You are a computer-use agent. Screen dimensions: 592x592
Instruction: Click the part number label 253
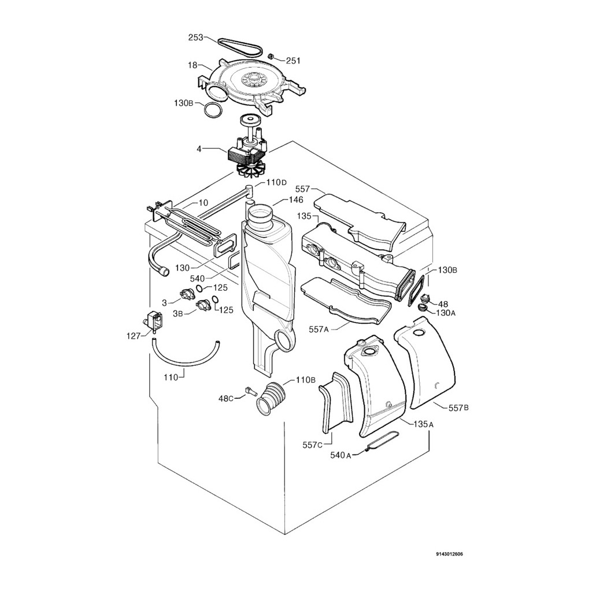[195, 38]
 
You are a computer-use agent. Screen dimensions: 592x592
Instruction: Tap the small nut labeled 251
[270, 57]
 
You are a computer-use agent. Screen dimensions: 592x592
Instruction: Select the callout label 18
[193, 65]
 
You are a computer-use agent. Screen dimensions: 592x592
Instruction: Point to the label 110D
[276, 183]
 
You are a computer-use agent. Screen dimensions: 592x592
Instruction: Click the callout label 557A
[318, 329]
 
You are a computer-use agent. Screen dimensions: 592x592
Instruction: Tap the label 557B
[458, 408]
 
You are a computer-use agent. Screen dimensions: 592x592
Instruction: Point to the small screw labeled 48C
[250, 391]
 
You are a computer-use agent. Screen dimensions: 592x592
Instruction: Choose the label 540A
[341, 456]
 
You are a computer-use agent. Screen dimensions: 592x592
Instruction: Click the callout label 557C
[313, 445]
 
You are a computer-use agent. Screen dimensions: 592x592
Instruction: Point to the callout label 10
[203, 202]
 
